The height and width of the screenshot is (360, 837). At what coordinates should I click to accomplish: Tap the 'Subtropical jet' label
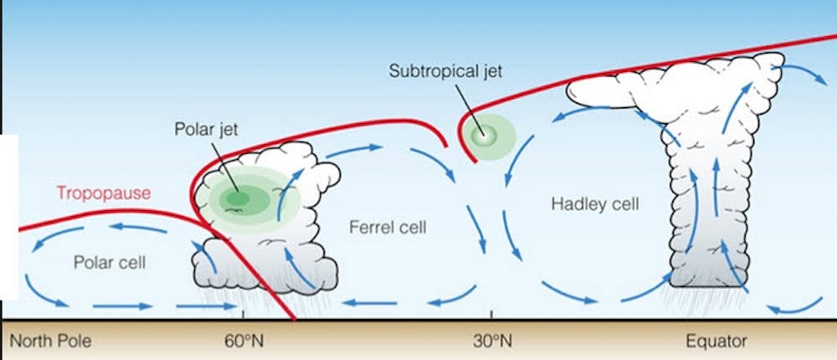[445, 70]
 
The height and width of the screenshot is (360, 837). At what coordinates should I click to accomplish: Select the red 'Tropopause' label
[103, 193]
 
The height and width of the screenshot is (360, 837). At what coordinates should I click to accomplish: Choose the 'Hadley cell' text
[583, 203]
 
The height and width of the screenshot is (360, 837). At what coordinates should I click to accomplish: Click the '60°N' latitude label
[243, 342]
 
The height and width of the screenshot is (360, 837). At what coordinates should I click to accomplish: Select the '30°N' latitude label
[491, 342]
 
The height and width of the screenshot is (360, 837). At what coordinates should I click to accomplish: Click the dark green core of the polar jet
[238, 198]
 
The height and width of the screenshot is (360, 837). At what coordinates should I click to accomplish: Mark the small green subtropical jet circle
[482, 134]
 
